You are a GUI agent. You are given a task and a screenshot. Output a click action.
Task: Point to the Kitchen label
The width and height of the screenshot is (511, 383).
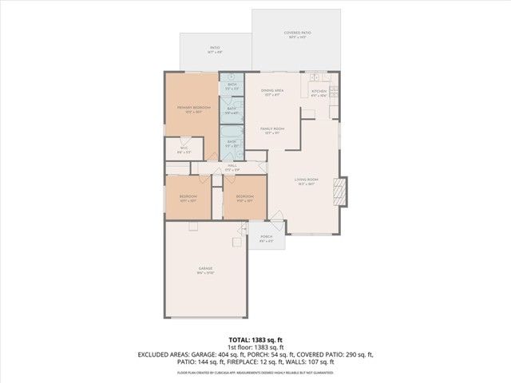[319, 91]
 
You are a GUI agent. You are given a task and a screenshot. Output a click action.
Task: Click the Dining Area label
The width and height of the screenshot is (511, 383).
[271, 91]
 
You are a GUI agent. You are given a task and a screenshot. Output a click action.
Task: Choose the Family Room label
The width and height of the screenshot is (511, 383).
[271, 128]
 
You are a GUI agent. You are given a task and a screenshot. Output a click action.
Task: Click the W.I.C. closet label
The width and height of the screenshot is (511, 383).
[184, 148]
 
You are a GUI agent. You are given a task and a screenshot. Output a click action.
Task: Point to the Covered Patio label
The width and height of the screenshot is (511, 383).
[297, 34]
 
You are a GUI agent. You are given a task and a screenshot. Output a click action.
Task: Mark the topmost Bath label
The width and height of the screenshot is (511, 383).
[232, 85]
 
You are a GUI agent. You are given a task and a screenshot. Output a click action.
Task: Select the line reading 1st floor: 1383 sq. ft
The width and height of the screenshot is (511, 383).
[255, 348]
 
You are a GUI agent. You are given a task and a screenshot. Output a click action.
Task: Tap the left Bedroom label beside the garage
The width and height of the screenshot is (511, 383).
[188, 196]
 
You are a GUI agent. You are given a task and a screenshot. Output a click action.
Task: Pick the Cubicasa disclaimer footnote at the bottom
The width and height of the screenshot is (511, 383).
[255, 371]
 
